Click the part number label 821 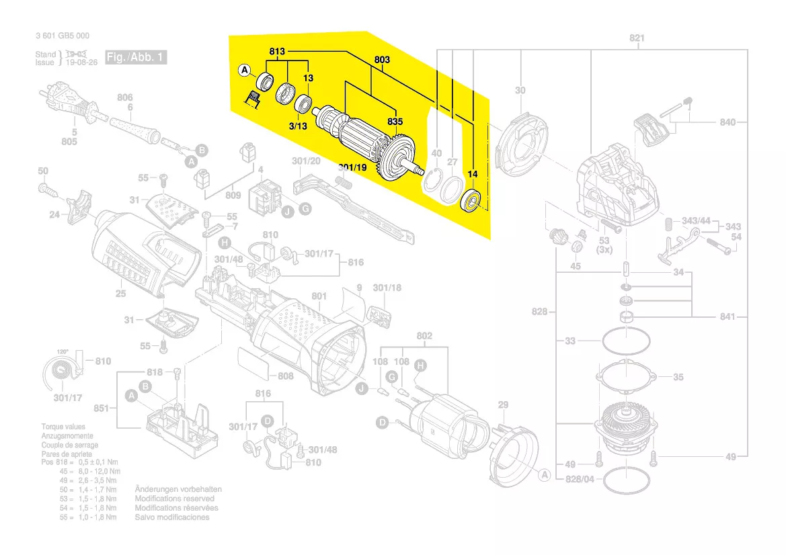636,38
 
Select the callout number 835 395,122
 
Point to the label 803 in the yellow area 381,60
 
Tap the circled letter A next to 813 245,70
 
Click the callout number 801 319,296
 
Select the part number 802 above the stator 424,335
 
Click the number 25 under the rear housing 120,294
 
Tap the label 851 102,407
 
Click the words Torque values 63,427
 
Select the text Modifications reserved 175,499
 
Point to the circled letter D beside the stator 382,423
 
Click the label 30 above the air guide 520,91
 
